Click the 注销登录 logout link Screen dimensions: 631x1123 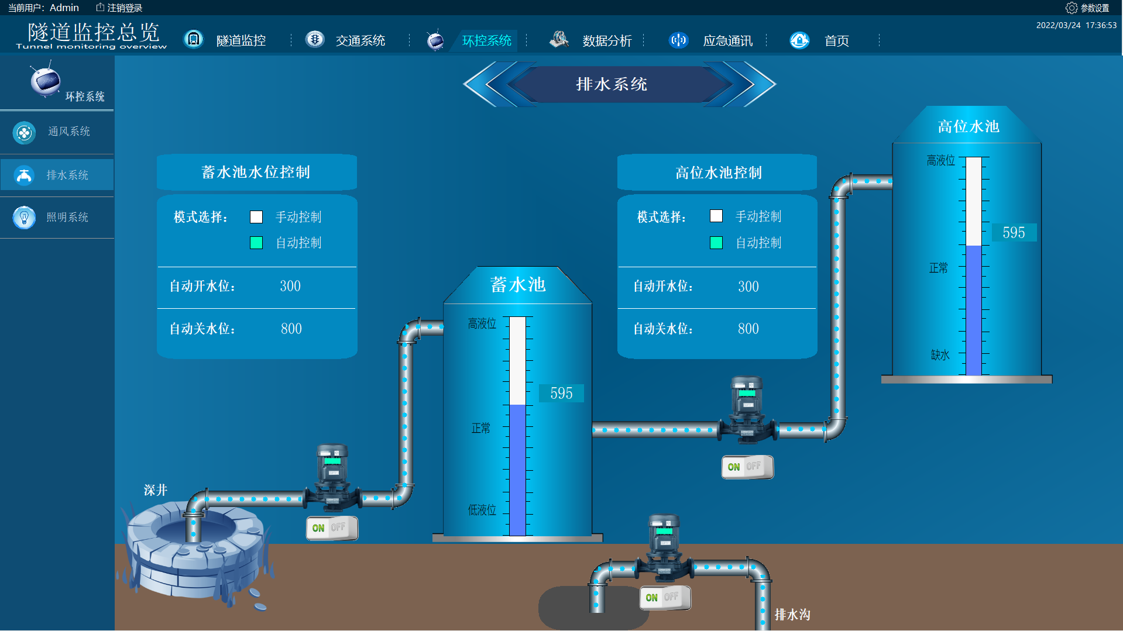[x=119, y=8]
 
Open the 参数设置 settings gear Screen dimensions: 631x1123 [x=1072, y=8]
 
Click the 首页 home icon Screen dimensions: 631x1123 [x=799, y=40]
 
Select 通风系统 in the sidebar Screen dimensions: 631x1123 [x=68, y=132]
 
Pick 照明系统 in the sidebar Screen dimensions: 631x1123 [x=67, y=217]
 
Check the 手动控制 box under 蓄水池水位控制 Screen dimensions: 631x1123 [x=256, y=217]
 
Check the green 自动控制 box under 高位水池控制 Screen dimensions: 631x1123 [x=716, y=243]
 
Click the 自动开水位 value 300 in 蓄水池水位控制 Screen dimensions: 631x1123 [x=290, y=286]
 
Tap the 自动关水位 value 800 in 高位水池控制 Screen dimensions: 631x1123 [x=748, y=329]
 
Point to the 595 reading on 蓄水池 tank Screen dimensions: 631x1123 [x=561, y=393]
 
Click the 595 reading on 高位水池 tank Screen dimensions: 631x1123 [x=1014, y=233]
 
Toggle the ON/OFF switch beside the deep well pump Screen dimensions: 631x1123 [x=332, y=528]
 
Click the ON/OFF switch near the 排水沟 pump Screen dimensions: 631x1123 [x=665, y=597]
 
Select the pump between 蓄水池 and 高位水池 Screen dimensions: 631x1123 [x=747, y=409]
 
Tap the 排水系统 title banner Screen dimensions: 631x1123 [x=612, y=84]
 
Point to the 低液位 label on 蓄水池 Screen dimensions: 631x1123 [x=482, y=510]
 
